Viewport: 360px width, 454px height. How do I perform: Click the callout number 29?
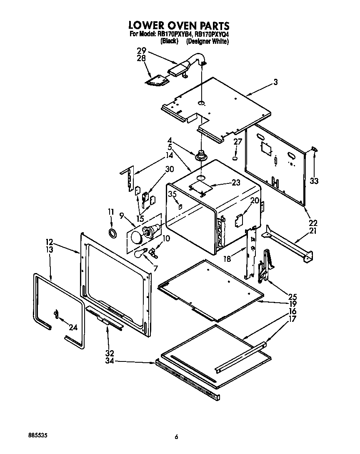click(x=141, y=51)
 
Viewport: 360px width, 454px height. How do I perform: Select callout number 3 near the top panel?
click(x=275, y=82)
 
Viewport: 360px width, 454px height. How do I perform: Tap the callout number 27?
click(x=237, y=142)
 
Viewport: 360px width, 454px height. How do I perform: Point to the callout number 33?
click(x=314, y=181)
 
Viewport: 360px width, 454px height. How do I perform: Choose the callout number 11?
click(x=111, y=212)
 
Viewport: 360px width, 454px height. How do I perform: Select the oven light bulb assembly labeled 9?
click(x=144, y=233)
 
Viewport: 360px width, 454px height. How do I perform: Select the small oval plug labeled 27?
click(x=235, y=158)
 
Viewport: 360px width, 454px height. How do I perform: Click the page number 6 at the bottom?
click(x=176, y=436)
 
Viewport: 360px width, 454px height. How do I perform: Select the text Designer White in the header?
click(x=207, y=41)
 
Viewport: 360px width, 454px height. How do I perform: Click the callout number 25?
click(x=292, y=297)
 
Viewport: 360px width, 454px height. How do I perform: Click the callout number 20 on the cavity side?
click(x=255, y=201)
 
